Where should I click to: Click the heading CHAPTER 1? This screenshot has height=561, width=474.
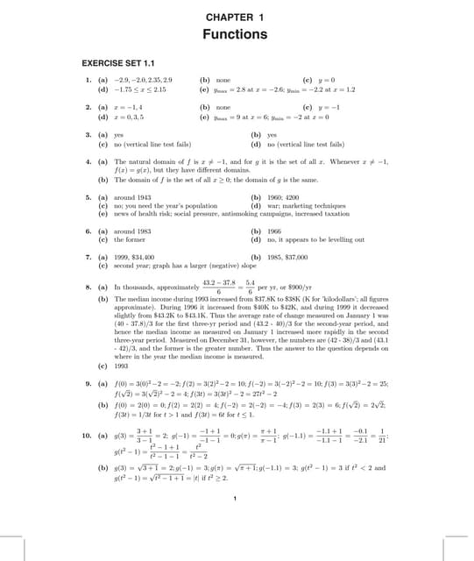(x=235, y=18)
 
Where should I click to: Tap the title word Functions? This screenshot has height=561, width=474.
(x=235, y=35)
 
